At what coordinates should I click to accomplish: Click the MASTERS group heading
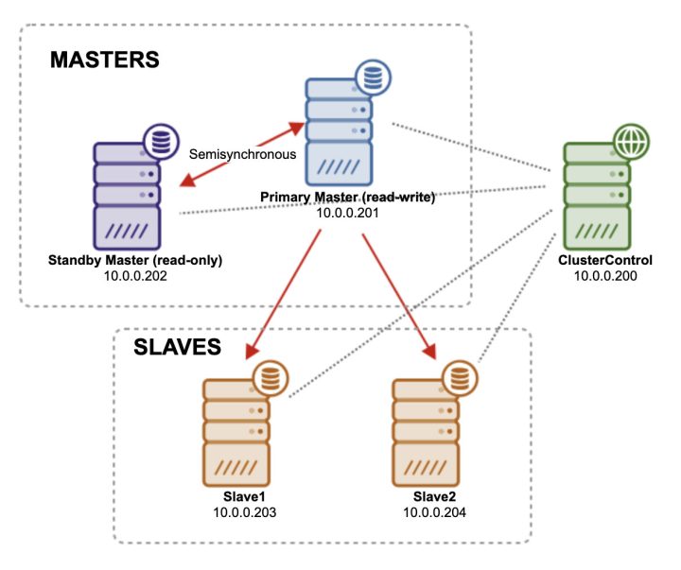coord(105,60)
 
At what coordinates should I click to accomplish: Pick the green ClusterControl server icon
coord(595,199)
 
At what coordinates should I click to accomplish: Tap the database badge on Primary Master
coord(370,76)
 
